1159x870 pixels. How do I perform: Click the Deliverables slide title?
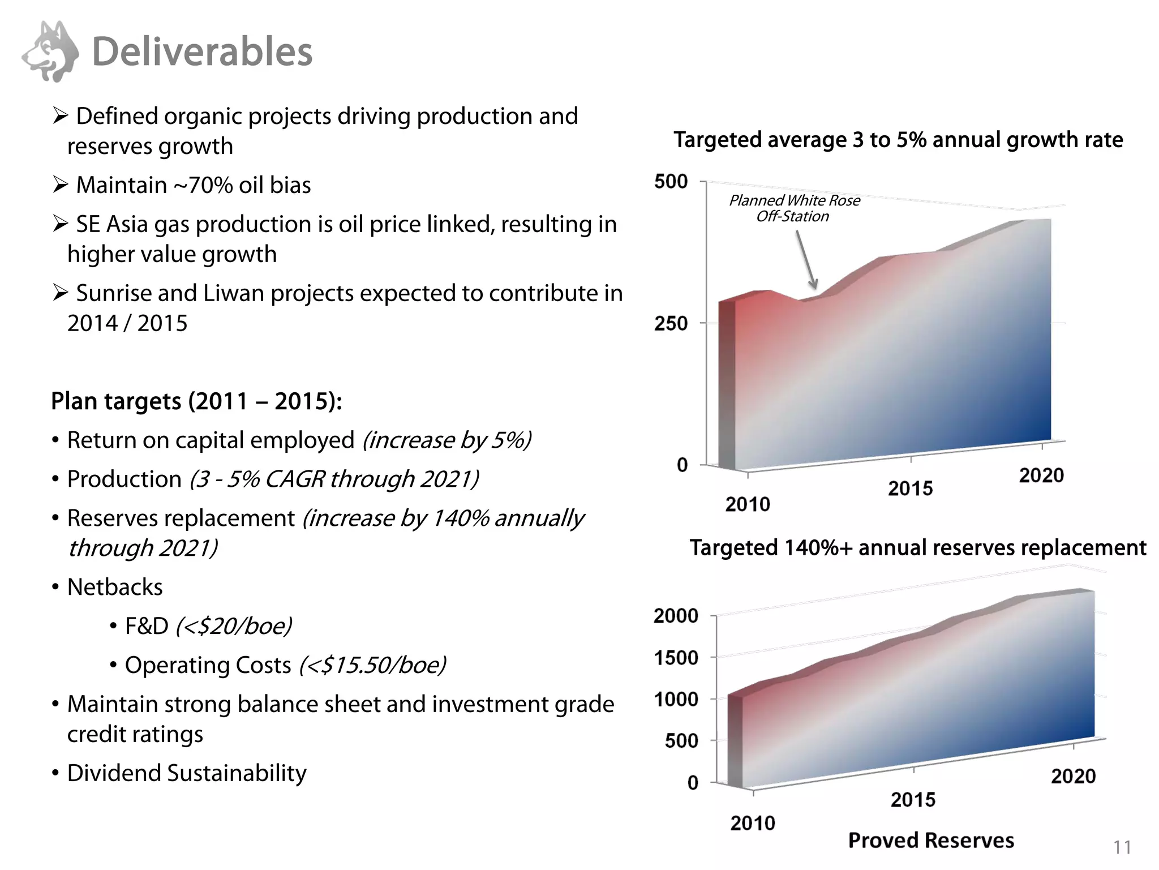pos(202,52)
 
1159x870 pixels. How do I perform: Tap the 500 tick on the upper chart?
pos(671,182)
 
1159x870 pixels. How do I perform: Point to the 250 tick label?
pos(671,324)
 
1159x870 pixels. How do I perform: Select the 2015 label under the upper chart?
pos(910,488)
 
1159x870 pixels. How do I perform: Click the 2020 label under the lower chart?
pos(1073,776)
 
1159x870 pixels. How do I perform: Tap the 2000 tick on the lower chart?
pos(676,616)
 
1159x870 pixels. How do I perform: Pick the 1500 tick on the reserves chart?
pos(676,658)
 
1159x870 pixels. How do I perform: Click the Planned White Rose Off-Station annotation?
pos(794,208)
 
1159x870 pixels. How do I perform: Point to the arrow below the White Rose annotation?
pos(806,260)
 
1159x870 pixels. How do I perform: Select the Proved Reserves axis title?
pos(931,841)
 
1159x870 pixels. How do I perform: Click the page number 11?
pos(1122,847)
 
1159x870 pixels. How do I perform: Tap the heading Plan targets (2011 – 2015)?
pos(196,401)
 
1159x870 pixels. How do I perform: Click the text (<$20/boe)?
pos(234,626)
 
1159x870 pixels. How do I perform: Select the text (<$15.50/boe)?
pos(372,665)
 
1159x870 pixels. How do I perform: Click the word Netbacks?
pos(115,587)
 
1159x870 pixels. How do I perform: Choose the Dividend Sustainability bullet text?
pos(187,773)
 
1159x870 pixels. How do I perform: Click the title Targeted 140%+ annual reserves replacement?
pos(917,548)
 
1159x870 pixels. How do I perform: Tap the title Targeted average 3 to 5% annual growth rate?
pos(898,140)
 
